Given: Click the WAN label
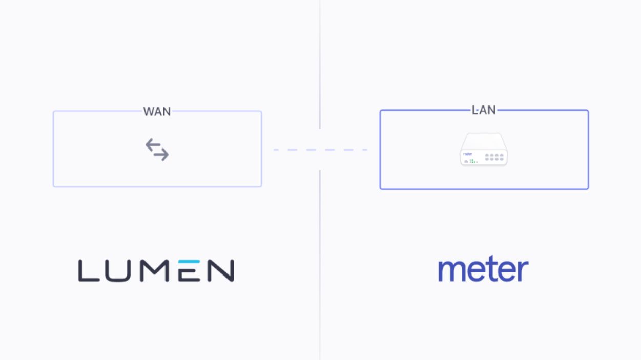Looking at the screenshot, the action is point(157,111).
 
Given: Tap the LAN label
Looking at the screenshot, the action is point(484,110).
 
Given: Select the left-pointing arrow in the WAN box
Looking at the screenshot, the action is point(153,145).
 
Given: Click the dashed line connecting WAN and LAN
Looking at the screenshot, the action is point(320,150).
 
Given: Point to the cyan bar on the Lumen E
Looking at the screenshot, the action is point(189,262).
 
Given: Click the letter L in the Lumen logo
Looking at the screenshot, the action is point(89,270).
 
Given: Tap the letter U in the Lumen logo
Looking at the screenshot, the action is point(118,271).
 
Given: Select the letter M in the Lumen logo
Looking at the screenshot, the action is point(154,270).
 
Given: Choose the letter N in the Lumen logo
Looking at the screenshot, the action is point(221,270).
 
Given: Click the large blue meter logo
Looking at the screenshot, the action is point(483,269).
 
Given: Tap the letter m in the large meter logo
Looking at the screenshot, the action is point(452,270).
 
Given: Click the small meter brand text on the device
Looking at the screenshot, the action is point(468,154).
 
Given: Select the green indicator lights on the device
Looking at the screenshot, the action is point(473,161).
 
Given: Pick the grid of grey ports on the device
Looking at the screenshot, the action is point(494,157).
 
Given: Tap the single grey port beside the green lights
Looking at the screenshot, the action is point(466,161).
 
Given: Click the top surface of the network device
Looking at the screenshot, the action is point(484,141).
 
